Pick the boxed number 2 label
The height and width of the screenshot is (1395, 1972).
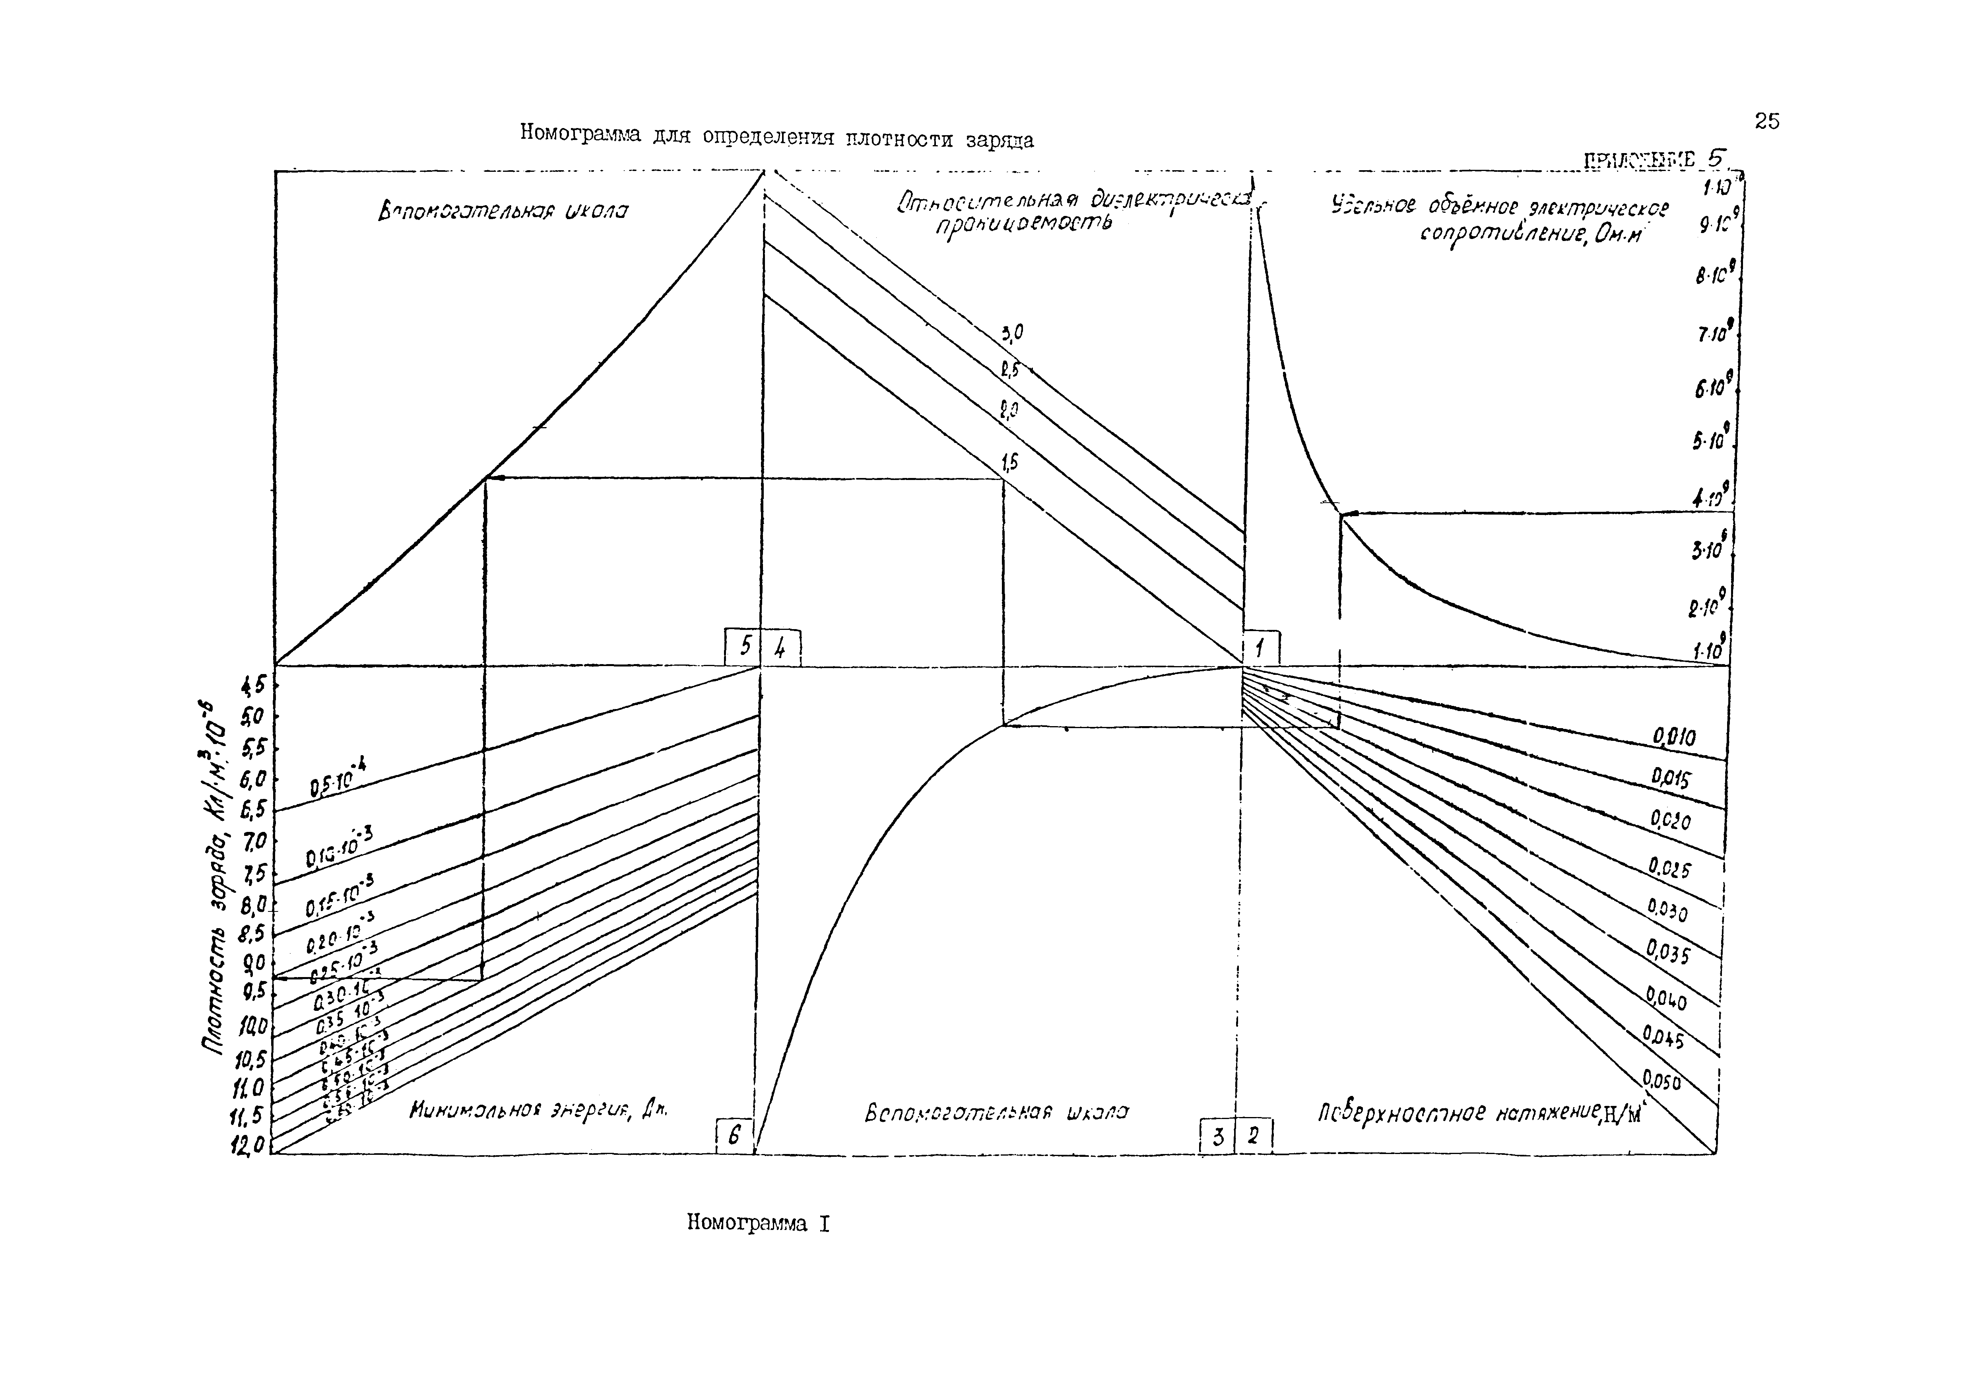[1253, 1137]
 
